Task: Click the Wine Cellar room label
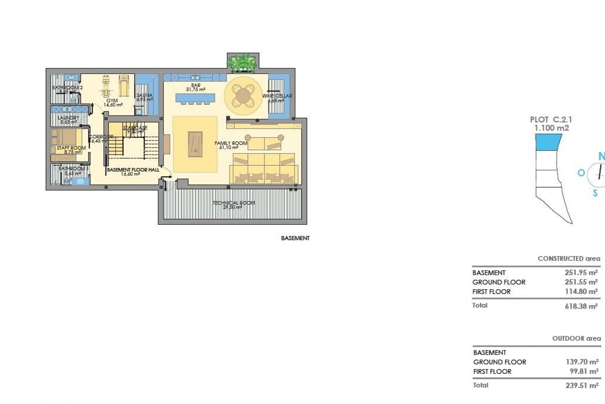(277, 96)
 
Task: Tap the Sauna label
(145, 95)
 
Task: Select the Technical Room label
(233, 203)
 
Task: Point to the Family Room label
(231, 143)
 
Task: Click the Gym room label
(112, 101)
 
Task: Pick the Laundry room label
(68, 118)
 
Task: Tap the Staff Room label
(71, 148)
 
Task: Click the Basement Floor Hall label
(133, 170)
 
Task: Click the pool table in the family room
(195, 144)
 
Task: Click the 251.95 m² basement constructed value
(581, 273)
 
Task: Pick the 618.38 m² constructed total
(581, 306)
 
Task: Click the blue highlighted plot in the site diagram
(549, 142)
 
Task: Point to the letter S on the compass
(595, 193)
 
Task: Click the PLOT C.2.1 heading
(551, 120)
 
